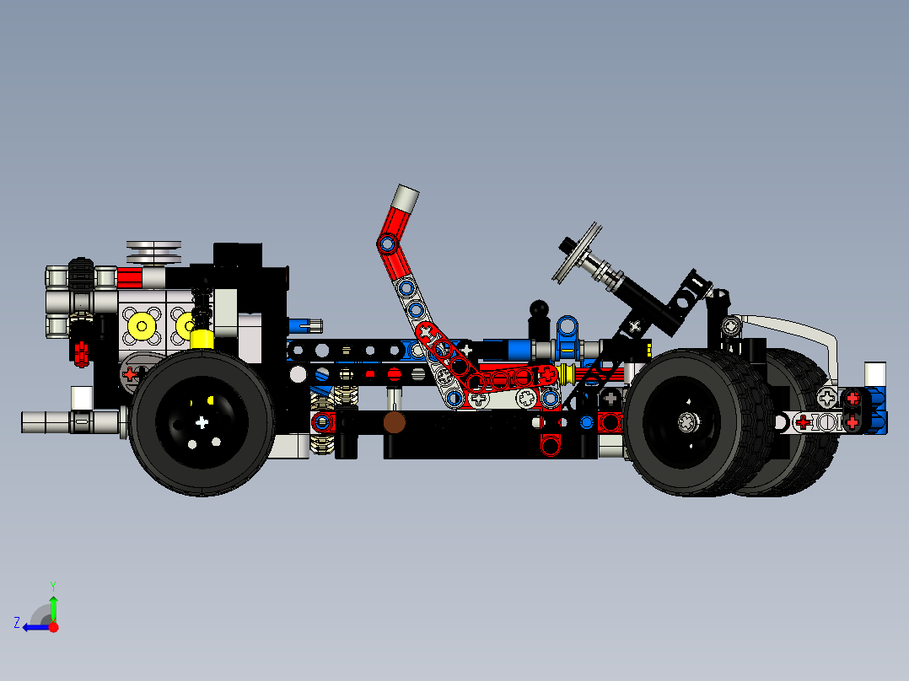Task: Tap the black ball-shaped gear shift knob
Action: click(x=539, y=310)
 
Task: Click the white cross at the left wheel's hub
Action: click(x=201, y=421)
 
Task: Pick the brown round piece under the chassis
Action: click(x=393, y=422)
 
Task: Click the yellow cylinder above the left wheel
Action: click(x=201, y=339)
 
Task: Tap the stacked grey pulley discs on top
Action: click(x=153, y=251)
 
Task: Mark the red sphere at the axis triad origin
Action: click(x=53, y=627)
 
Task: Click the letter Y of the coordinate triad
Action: click(x=52, y=585)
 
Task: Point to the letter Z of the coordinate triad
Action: click(x=16, y=623)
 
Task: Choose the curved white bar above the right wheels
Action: click(x=793, y=325)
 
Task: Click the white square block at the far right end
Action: click(x=875, y=373)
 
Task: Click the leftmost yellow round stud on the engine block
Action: click(x=141, y=324)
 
